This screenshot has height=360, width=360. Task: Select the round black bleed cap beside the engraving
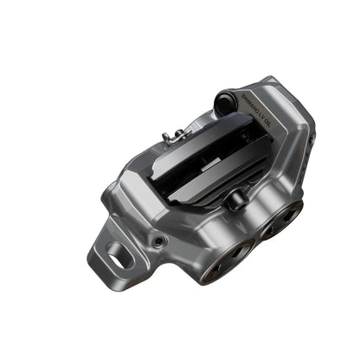(x=226, y=100)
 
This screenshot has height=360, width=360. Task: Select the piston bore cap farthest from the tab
(x=284, y=218)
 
